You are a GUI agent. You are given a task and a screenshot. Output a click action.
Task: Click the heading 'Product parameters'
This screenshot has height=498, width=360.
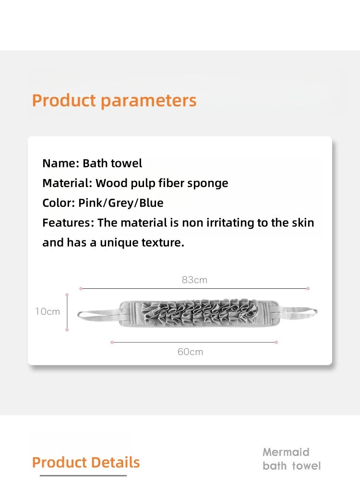pos(114,101)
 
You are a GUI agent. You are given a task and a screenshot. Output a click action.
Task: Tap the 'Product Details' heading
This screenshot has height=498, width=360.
pos(86,462)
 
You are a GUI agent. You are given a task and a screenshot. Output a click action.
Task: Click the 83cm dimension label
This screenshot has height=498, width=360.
pos(194,280)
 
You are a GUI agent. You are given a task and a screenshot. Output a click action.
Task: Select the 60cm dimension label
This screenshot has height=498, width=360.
pos(190,352)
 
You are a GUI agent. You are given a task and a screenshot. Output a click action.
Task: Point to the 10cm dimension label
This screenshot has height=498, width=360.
pos(48,311)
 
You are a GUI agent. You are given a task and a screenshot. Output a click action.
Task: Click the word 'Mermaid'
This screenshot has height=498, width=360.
pos(286,452)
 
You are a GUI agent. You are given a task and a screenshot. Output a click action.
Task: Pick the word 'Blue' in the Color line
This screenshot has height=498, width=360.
pos(151,203)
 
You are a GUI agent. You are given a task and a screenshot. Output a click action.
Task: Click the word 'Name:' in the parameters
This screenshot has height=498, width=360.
pos(60,164)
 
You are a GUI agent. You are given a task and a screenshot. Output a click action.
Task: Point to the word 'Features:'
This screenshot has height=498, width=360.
pos(68,223)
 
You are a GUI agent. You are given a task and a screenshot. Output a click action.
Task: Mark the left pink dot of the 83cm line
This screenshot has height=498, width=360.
pos(81,288)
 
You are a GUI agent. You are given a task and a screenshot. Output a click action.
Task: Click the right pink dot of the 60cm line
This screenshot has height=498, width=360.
pos(276,342)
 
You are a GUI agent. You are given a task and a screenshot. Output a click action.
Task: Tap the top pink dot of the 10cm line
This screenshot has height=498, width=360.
pos(67,295)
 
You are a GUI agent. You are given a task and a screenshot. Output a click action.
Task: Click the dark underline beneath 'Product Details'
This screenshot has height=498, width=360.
pos(83,475)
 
